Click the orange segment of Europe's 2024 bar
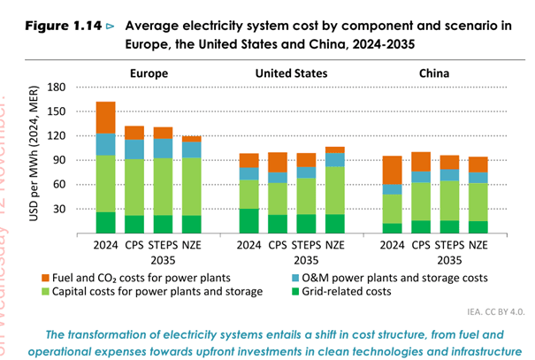106,118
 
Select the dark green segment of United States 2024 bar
250,221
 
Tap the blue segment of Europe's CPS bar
134,149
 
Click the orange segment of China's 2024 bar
393,170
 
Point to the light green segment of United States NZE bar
335,190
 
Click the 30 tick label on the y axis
59,210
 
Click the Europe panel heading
149,73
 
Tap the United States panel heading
291,73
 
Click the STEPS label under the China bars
450,245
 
